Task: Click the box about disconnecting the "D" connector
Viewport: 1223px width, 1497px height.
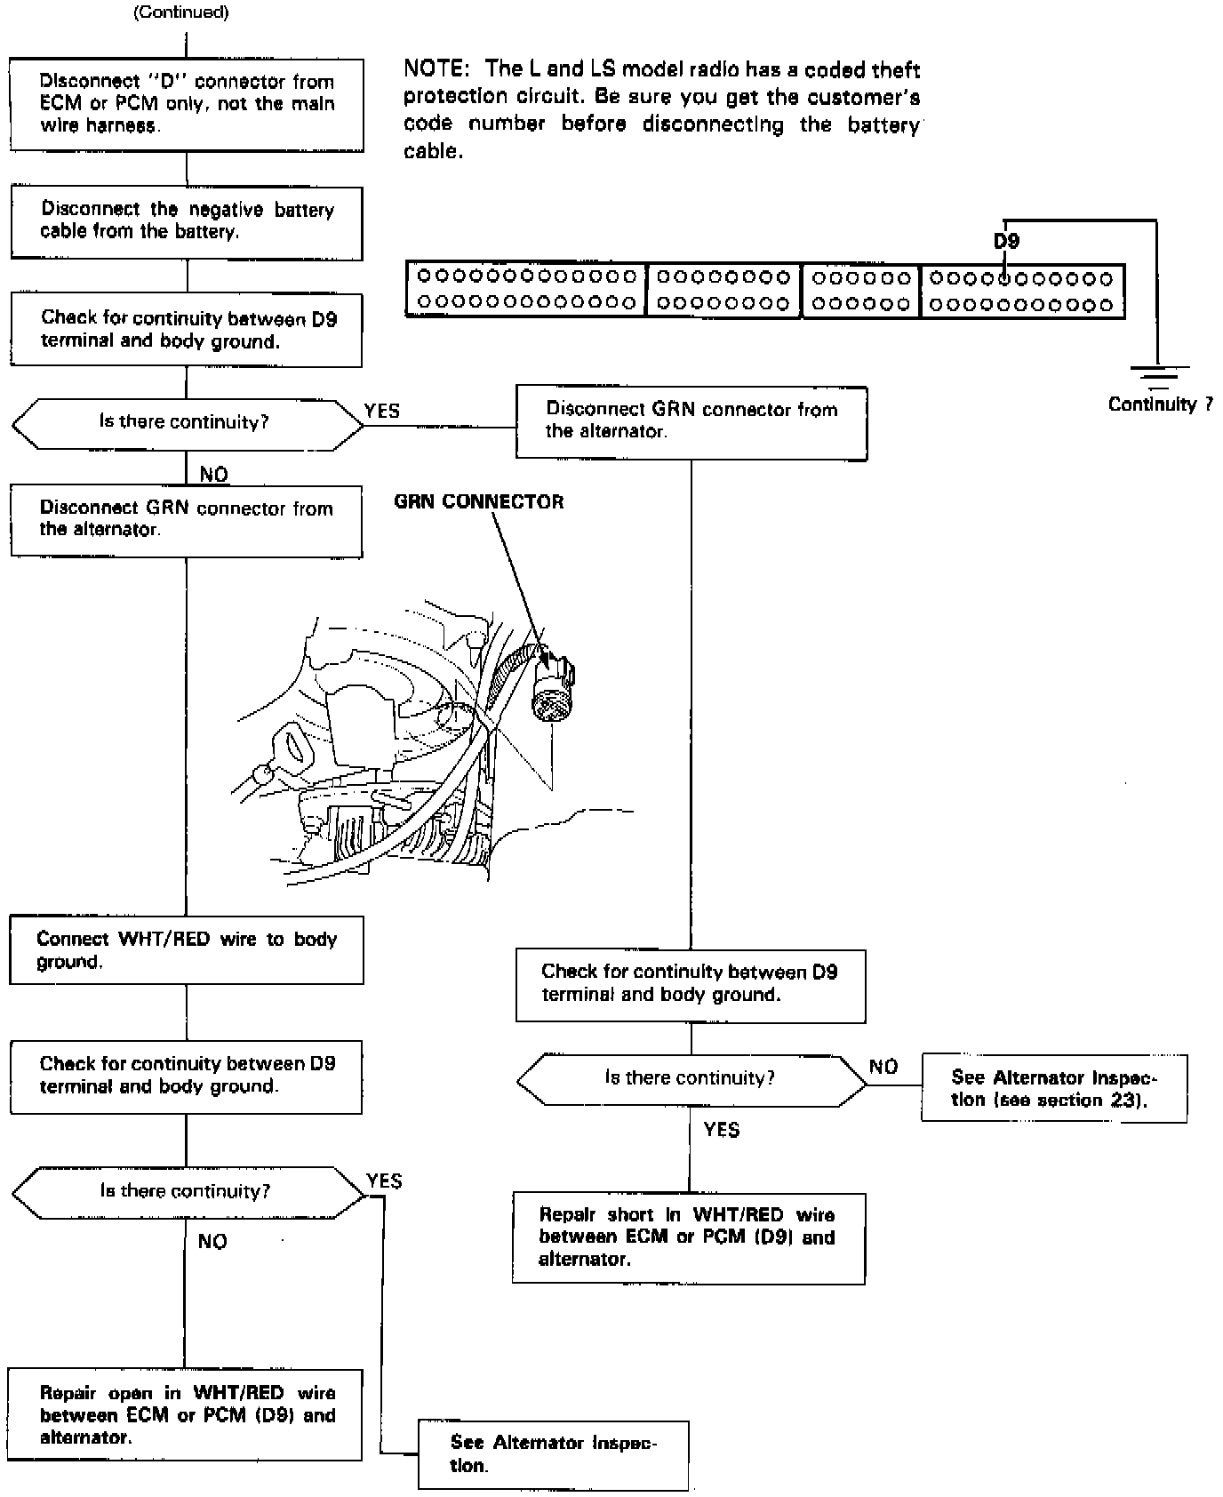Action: [187, 104]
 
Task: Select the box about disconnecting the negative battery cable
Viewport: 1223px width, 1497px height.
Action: [187, 222]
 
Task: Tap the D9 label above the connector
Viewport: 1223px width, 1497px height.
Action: [1006, 241]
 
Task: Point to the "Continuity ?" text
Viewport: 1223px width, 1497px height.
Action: [1160, 404]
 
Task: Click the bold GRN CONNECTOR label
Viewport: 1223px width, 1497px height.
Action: [478, 502]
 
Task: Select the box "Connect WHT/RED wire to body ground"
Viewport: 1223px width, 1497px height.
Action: [187, 950]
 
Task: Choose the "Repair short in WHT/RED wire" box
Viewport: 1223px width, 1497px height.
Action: [688, 1237]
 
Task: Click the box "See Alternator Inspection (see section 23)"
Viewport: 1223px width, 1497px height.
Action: [1053, 1088]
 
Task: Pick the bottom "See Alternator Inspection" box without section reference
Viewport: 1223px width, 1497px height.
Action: [553, 1454]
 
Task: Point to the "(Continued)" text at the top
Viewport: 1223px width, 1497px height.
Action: [180, 12]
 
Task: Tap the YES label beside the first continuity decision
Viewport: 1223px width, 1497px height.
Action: [382, 411]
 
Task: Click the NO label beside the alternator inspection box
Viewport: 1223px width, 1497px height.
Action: [883, 1067]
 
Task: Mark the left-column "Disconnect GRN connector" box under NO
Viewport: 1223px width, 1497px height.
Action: [187, 520]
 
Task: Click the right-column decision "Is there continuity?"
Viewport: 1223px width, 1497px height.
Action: [691, 1078]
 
